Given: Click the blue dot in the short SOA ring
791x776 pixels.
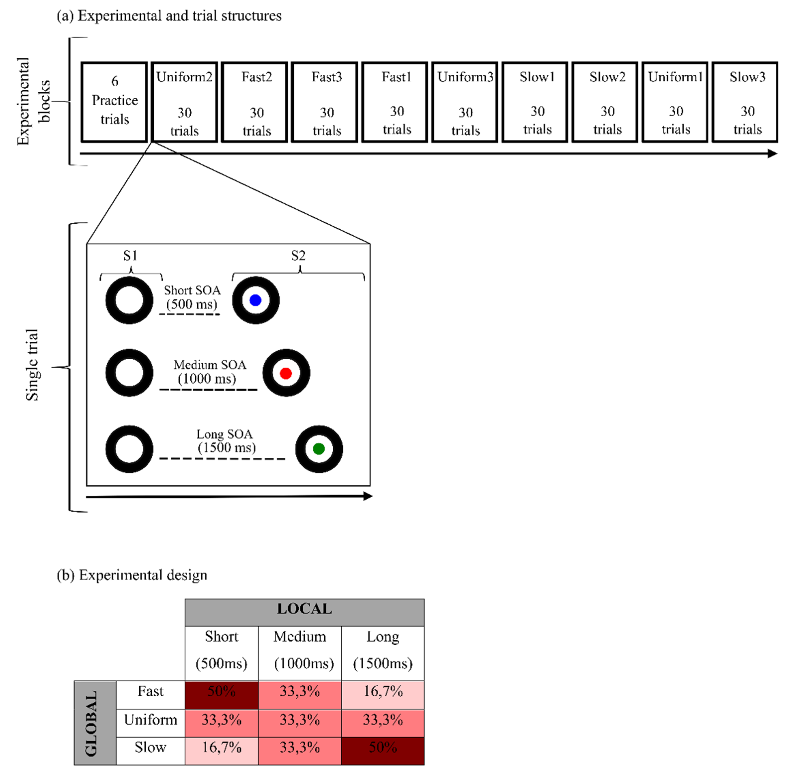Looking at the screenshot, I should (x=255, y=300).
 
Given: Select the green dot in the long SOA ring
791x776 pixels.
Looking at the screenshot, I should (x=318, y=449).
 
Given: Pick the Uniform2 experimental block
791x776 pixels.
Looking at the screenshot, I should (x=184, y=102).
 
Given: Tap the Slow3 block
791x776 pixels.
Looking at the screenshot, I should (x=745, y=102).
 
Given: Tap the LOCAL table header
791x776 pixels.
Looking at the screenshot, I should (x=304, y=609).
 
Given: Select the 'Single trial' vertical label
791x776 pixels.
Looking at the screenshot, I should (x=32, y=365).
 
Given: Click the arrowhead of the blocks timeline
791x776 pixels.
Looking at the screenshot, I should (x=773, y=154).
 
